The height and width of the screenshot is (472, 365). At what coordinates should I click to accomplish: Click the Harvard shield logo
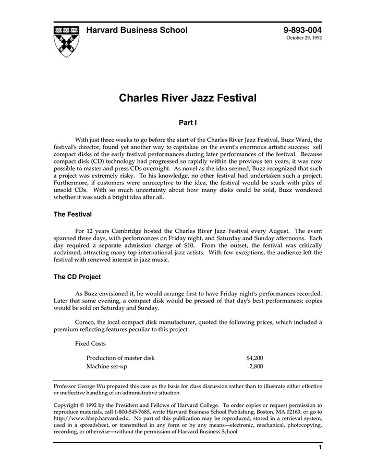[x=66, y=41]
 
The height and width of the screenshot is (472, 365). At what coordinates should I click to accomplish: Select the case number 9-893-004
[x=302, y=30]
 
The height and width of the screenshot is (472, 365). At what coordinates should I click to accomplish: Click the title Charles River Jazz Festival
[x=188, y=97]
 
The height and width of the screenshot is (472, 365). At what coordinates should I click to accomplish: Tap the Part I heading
[x=188, y=123]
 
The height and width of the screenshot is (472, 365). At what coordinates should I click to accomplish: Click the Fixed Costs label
[x=91, y=344]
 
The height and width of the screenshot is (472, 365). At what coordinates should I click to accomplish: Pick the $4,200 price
[x=254, y=358]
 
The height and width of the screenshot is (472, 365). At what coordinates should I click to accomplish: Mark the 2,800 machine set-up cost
[x=256, y=367]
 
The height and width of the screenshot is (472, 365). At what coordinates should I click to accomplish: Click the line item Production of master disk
[x=120, y=358]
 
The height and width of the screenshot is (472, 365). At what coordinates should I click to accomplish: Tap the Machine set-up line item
[x=107, y=367]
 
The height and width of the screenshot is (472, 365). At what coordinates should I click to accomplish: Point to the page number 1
[x=320, y=448]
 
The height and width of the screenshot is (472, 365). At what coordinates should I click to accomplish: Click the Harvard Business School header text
[x=137, y=30]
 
